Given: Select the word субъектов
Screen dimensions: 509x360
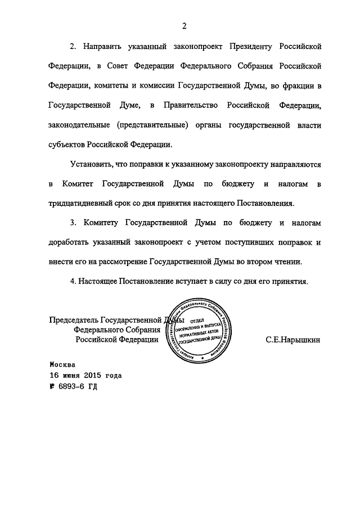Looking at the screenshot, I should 67,144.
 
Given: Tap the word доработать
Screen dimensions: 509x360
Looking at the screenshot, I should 69,242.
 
